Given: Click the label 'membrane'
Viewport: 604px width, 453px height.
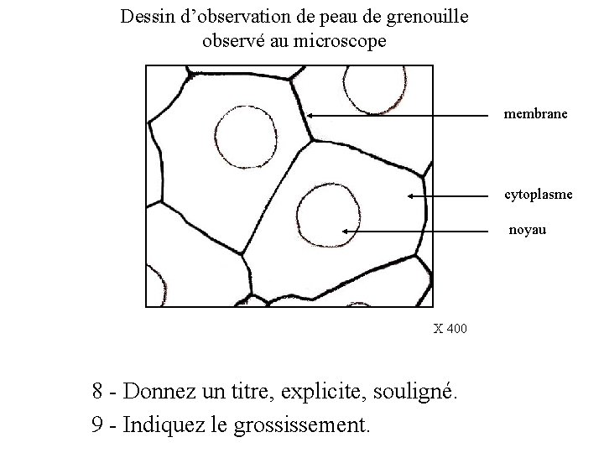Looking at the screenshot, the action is (x=535, y=112).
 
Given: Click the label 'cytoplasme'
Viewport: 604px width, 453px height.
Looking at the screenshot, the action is (x=539, y=195).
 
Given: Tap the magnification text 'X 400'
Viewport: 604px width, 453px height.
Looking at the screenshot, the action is (x=450, y=328).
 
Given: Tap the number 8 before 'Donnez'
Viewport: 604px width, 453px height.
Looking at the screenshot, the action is (x=98, y=391).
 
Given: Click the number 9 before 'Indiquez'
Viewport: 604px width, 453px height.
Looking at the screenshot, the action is (x=96, y=424).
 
